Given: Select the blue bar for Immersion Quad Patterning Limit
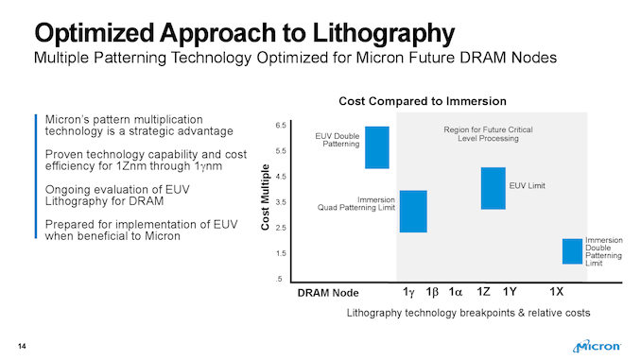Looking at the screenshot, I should pyautogui.click(x=413, y=211).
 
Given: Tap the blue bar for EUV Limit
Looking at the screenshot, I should pyautogui.click(x=493, y=188).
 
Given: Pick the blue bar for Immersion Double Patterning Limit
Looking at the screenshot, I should pyautogui.click(x=572, y=251).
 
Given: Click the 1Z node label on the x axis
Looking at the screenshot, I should pyautogui.click(x=482, y=291).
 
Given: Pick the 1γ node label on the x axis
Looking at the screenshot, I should pyautogui.click(x=408, y=291).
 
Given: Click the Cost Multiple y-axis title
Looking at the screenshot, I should pyautogui.click(x=264, y=202).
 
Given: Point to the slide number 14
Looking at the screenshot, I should pyautogui.click(x=21, y=342).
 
